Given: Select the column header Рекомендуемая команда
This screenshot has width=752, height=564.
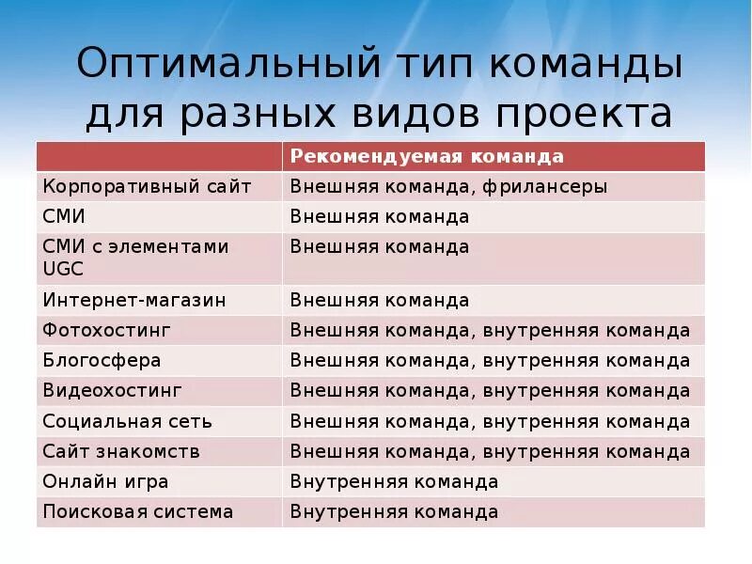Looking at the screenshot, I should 427,156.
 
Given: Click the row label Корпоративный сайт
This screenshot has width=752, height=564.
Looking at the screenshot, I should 147,186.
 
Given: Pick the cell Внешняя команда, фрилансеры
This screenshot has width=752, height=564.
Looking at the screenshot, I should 448,186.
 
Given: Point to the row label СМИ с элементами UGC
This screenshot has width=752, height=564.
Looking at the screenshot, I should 135,257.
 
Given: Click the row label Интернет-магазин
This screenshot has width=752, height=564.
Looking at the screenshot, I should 134,301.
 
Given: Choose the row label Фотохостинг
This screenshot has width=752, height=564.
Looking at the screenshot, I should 106,331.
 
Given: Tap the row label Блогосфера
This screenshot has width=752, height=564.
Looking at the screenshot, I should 102,361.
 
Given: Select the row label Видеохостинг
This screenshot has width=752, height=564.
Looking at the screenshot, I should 112,391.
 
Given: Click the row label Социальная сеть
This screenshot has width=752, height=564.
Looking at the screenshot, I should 127,421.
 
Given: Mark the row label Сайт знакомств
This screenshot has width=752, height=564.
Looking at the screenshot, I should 121,452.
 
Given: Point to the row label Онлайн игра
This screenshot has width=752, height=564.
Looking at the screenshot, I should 105,482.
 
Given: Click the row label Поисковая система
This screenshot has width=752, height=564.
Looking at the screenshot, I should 137,512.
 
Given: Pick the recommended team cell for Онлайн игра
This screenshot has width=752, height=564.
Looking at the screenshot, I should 394,482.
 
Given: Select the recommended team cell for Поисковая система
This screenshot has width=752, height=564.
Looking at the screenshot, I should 394,512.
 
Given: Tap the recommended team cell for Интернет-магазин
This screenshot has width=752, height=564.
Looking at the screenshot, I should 380,301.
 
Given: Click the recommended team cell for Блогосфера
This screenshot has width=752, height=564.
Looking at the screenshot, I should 490,361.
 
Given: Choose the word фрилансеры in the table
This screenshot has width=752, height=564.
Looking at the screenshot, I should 546,186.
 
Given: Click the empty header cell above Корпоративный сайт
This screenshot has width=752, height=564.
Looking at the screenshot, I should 159,156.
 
